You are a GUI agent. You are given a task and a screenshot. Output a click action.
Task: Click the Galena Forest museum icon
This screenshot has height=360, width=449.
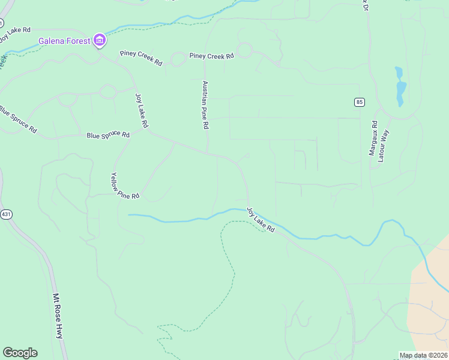click(x=100, y=41)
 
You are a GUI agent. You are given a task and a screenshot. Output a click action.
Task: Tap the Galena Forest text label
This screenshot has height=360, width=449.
click(x=64, y=41)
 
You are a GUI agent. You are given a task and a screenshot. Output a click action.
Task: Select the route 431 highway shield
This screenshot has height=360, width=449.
click(x=6, y=214)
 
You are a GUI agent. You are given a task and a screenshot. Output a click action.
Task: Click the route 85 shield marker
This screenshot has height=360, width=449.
click(x=359, y=102)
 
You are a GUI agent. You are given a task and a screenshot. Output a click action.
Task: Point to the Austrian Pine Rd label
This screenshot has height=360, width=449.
click(x=205, y=106)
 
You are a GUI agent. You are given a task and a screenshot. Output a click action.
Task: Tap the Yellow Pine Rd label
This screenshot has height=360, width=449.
click(x=125, y=186)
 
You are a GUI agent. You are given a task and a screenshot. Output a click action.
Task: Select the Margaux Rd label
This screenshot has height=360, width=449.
click(x=374, y=139)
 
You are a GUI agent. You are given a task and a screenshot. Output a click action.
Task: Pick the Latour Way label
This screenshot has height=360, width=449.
click(x=384, y=146)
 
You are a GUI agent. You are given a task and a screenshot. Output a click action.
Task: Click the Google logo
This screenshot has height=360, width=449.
click(x=20, y=353)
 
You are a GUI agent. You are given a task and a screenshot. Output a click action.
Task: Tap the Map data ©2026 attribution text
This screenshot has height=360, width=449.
click(x=424, y=355)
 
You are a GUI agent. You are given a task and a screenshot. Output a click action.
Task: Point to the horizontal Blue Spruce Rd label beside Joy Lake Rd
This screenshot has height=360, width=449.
click(x=108, y=135)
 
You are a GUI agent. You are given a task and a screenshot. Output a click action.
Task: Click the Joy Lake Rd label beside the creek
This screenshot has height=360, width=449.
click(x=261, y=220)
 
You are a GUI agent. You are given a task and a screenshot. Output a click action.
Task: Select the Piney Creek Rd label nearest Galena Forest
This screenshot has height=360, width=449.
click(x=141, y=58)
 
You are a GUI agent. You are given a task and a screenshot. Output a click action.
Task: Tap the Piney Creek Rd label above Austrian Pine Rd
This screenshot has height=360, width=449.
click(x=211, y=56)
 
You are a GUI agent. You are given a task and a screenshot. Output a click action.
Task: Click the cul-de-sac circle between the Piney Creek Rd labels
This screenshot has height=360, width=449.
click(x=178, y=59)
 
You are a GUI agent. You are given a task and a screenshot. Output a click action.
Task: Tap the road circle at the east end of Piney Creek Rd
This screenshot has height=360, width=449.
click(x=244, y=50)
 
